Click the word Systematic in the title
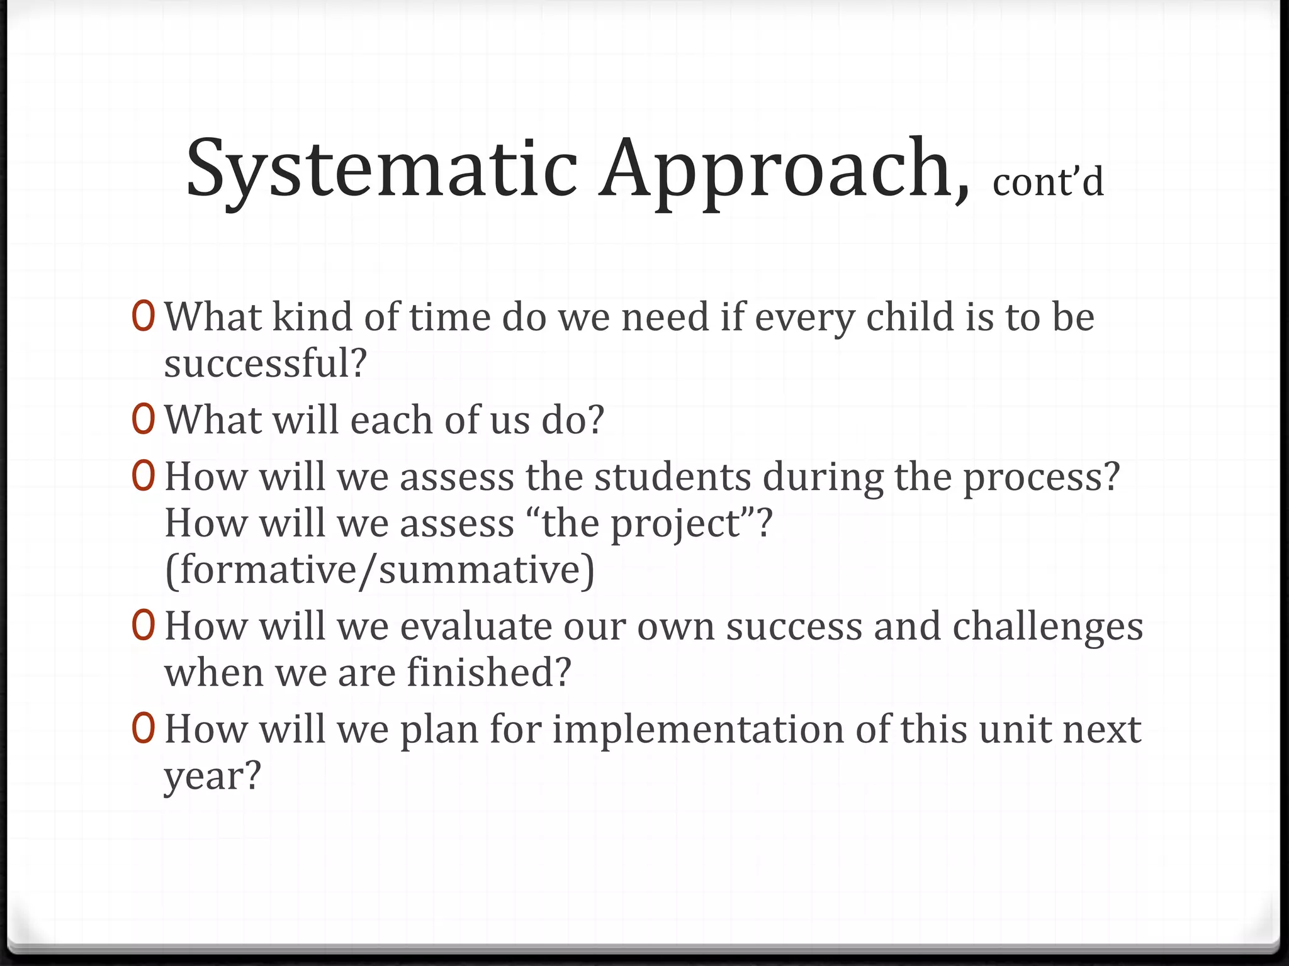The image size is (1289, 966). pyautogui.click(x=381, y=169)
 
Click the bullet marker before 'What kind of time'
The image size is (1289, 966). pyautogui.click(x=144, y=316)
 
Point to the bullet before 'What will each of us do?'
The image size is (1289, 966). pyautogui.click(x=144, y=419)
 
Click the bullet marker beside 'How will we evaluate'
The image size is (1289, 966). pyautogui.click(x=144, y=626)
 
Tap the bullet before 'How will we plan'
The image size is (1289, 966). pyautogui.click(x=144, y=729)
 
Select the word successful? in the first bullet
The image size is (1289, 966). pyautogui.click(x=265, y=363)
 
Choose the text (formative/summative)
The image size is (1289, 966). pyautogui.click(x=380, y=570)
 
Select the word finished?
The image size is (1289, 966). pyautogui.click(x=488, y=672)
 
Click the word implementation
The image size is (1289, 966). pyautogui.click(x=698, y=730)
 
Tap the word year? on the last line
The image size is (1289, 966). pyautogui.click(x=212, y=777)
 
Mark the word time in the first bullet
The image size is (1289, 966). pyautogui.click(x=449, y=316)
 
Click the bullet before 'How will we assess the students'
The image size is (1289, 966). pyautogui.click(x=144, y=476)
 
